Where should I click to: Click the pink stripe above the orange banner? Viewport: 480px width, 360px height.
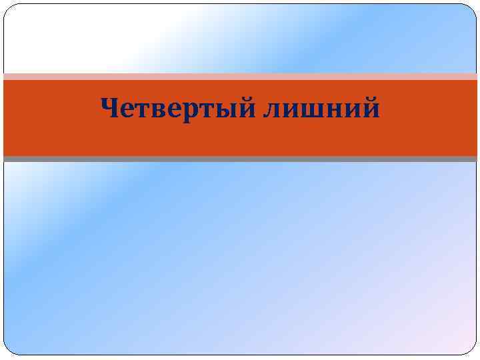pos(240,77)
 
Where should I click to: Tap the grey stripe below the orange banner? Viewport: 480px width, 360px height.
pos(240,159)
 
